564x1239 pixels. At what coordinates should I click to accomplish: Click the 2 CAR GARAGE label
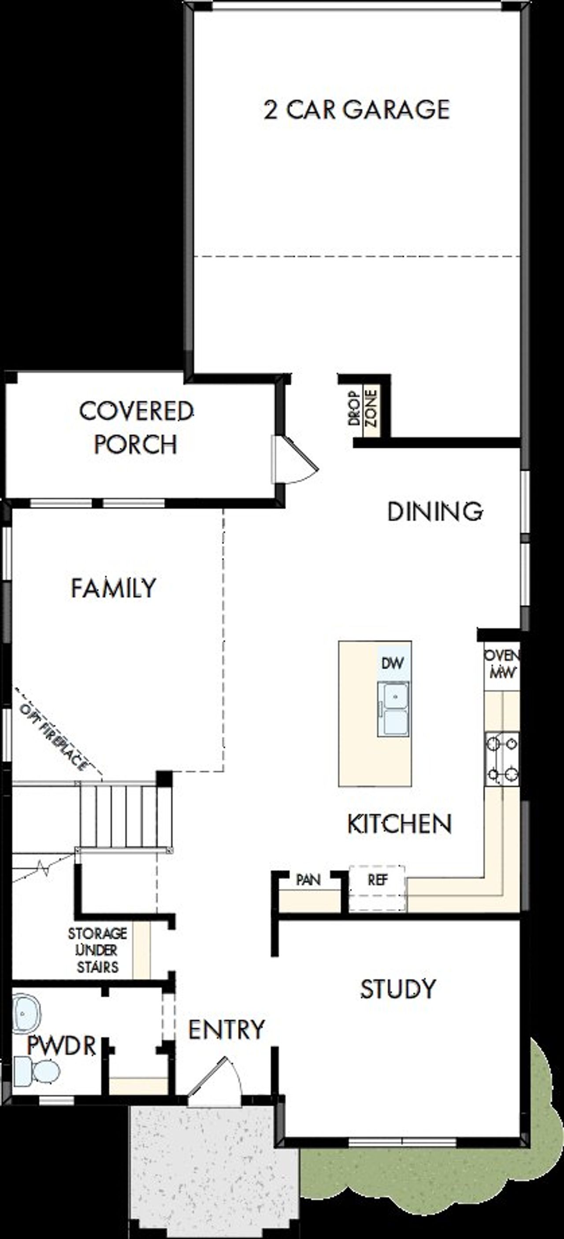pyautogui.click(x=356, y=110)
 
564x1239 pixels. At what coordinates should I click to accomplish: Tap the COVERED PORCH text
pyautogui.click(x=136, y=428)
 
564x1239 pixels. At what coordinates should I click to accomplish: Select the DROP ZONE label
pyautogui.click(x=362, y=408)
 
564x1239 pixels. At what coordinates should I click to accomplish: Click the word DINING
pyautogui.click(x=435, y=511)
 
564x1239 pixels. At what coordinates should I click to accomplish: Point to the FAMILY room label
pyautogui.click(x=114, y=588)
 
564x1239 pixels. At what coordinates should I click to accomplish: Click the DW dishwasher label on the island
pyautogui.click(x=393, y=663)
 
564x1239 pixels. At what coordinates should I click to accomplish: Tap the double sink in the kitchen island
pyautogui.click(x=393, y=709)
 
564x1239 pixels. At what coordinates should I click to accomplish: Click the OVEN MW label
pyautogui.click(x=501, y=664)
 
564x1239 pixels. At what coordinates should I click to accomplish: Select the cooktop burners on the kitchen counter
pyautogui.click(x=502, y=759)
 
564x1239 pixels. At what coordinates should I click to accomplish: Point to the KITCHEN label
pyautogui.click(x=399, y=824)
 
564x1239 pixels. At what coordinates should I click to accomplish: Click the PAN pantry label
pyautogui.click(x=308, y=880)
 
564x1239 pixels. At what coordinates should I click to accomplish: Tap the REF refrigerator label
pyautogui.click(x=378, y=880)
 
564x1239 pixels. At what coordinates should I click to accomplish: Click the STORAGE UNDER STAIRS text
pyautogui.click(x=98, y=950)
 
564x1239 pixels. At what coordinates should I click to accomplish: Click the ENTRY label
pyautogui.click(x=226, y=1030)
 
